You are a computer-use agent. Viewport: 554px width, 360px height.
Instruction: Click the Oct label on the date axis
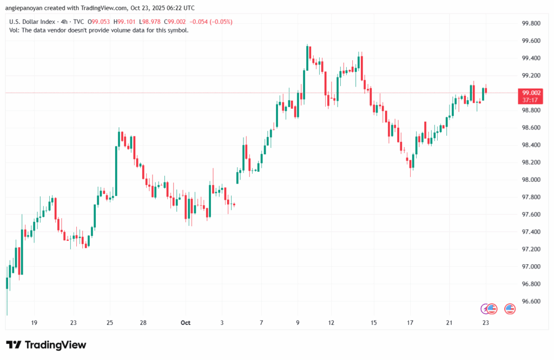186,323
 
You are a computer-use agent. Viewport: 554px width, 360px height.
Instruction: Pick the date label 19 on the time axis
34,323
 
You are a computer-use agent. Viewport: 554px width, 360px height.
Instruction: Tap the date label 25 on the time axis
109,323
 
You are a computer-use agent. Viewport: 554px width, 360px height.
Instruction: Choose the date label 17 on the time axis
410,323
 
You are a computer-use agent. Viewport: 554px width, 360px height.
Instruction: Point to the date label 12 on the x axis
331,323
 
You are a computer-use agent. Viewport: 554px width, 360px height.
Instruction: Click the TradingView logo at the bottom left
46,345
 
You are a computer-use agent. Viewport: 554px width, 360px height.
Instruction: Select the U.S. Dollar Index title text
33,22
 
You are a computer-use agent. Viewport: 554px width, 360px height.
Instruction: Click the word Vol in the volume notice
15,30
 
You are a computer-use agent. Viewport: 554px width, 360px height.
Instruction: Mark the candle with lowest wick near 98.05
411,165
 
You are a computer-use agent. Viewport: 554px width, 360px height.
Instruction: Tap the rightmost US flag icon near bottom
510,309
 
